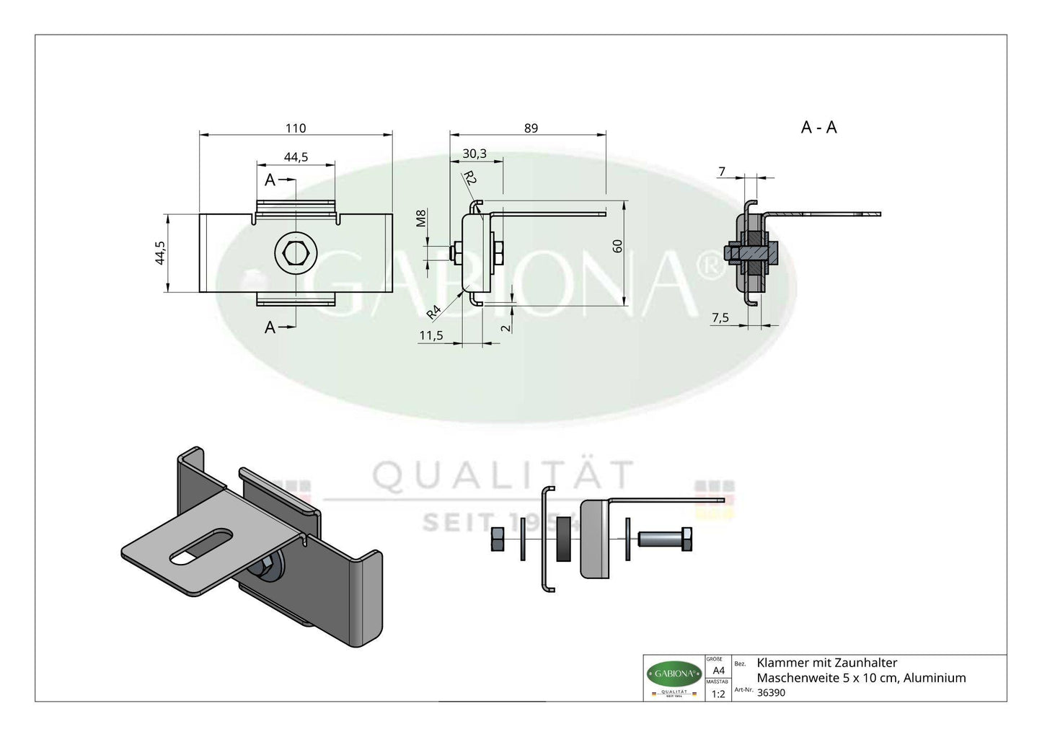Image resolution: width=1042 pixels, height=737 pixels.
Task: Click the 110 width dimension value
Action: [296, 128]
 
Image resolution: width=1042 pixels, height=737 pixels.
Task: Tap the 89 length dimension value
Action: [531, 128]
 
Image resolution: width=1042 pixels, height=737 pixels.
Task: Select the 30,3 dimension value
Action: [474, 154]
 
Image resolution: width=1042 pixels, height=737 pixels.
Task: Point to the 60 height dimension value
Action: [617, 246]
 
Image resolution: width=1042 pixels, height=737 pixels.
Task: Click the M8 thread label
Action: [423, 219]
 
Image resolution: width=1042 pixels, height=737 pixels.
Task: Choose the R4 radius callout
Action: [433, 312]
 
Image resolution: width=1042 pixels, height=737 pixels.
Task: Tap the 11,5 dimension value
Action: [431, 335]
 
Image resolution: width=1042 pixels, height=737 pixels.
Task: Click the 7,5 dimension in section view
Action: [720, 318]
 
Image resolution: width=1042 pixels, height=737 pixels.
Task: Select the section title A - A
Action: [818, 128]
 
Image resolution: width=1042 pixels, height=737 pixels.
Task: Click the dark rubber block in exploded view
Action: [563, 539]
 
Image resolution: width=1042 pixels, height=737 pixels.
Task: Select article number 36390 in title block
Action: [772, 692]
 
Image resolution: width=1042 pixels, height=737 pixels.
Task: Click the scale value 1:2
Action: [718, 694]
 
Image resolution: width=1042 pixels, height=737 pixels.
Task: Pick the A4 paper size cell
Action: [718, 670]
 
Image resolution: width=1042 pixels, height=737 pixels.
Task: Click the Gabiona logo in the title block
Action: [674, 674]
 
